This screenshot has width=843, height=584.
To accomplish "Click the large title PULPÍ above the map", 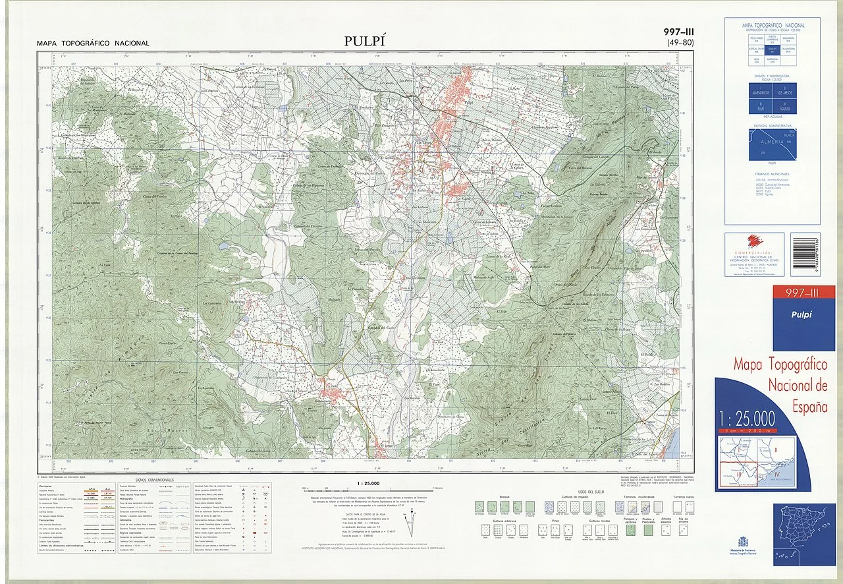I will coord(364,42).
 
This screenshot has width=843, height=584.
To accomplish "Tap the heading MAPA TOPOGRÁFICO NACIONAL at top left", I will coord(94,44).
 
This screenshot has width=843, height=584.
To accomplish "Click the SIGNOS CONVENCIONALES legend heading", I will coord(154,480).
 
